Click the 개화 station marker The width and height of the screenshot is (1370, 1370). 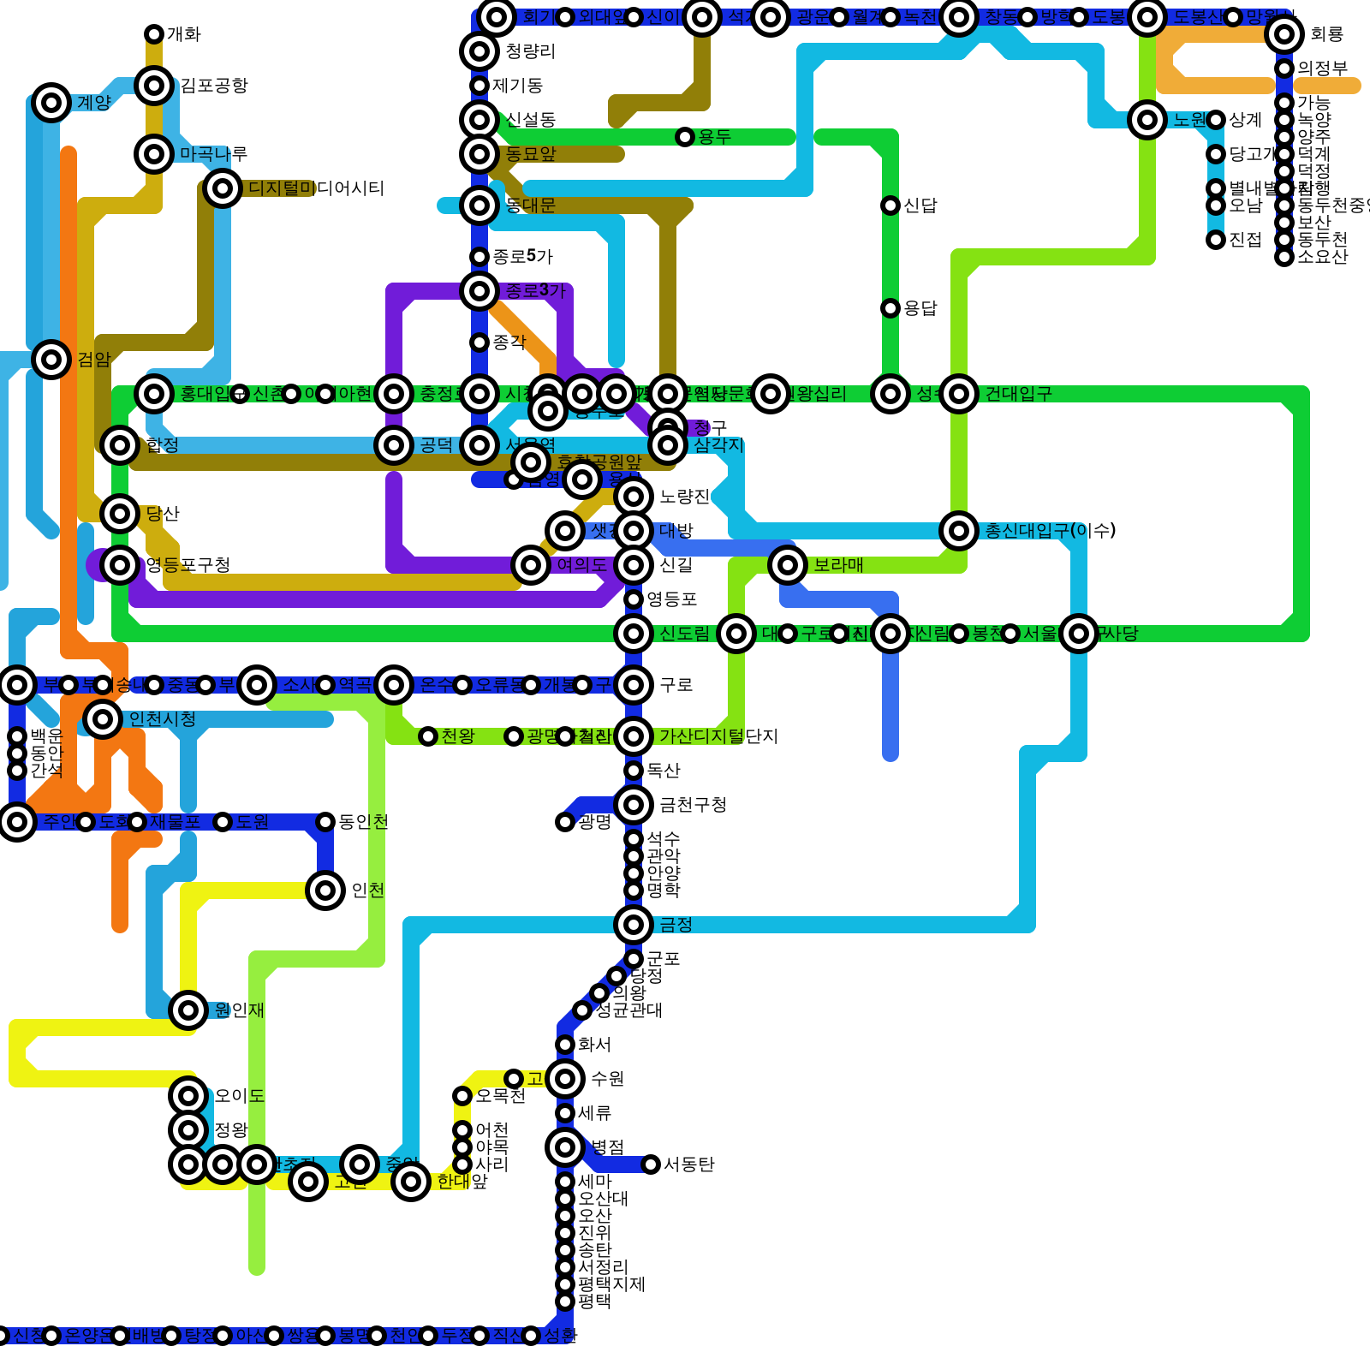click(x=154, y=34)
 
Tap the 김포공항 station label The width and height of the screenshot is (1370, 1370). click(x=213, y=86)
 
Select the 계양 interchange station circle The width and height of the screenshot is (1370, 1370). click(x=51, y=103)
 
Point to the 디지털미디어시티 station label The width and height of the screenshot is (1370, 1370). click(x=316, y=188)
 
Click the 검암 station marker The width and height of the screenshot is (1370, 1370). click(x=51, y=360)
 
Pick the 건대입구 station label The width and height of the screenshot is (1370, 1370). click(x=1018, y=394)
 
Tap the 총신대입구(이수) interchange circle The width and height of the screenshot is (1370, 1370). click(x=959, y=531)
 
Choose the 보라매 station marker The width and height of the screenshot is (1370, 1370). click(x=788, y=565)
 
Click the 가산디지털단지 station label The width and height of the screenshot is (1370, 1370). click(x=718, y=736)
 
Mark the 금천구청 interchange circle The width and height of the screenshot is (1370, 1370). click(x=634, y=805)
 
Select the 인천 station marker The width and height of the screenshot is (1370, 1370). click(x=325, y=890)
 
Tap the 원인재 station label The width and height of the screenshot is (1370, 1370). click(x=239, y=1010)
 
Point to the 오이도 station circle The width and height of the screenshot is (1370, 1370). click(x=188, y=1096)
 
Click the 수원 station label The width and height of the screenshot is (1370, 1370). click(x=607, y=1079)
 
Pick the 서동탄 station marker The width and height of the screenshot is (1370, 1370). click(x=651, y=1164)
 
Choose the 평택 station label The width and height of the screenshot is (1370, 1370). click(x=594, y=1301)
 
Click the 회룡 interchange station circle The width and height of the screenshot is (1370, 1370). click(x=1284, y=34)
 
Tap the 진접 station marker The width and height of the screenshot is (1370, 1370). click(x=1216, y=240)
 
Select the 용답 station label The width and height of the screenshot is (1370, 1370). click(x=920, y=308)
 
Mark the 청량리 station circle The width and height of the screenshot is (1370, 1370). click(x=479, y=51)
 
